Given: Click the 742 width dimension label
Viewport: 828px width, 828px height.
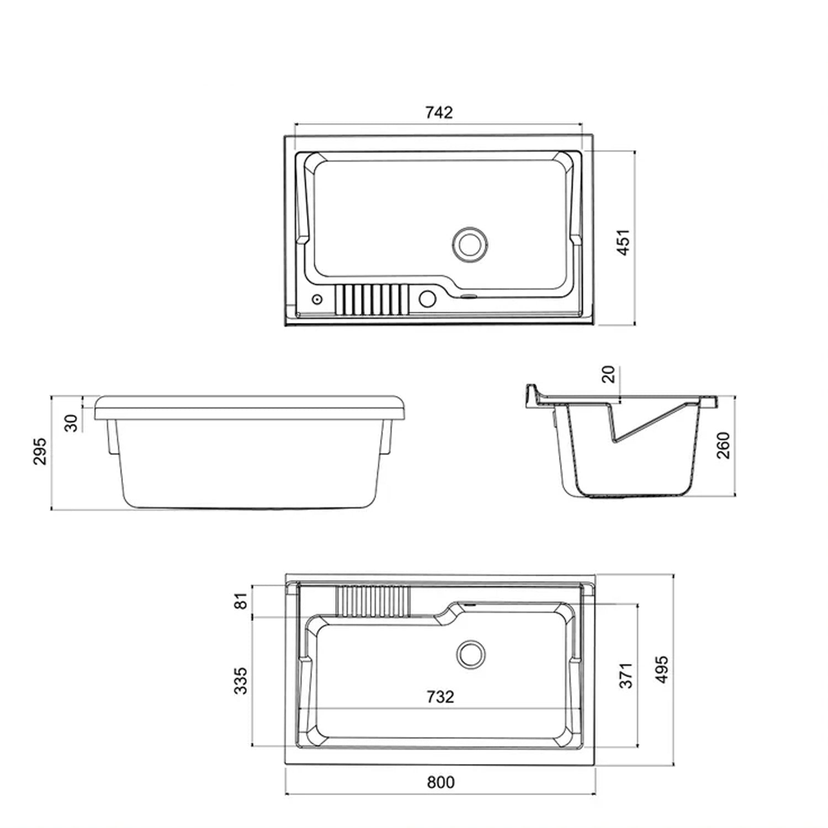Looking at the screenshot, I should [x=439, y=113].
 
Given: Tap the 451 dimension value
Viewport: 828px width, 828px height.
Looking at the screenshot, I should [x=623, y=242].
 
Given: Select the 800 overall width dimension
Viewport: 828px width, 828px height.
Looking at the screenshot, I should [x=440, y=782].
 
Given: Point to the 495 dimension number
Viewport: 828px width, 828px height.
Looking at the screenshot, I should [x=662, y=669].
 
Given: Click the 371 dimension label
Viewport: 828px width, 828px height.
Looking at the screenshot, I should [x=626, y=676].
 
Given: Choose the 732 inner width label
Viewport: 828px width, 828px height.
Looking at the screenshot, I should [x=440, y=697].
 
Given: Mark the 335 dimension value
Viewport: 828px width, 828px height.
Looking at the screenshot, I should [x=241, y=681].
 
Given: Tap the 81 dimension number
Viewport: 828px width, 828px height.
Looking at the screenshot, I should [x=242, y=601].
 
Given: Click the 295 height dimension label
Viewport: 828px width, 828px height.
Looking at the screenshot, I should [x=40, y=452].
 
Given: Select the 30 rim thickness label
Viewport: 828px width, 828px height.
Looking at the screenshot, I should [x=72, y=423].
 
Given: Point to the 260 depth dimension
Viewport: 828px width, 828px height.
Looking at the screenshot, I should [x=723, y=445].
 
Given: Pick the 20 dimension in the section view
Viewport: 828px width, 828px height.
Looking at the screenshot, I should [x=608, y=375].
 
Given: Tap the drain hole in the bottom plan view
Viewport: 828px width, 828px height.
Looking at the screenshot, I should [x=471, y=654].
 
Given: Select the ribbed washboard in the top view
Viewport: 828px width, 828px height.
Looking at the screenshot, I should [x=372, y=299].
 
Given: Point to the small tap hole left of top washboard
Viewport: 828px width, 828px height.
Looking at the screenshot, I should [x=317, y=299].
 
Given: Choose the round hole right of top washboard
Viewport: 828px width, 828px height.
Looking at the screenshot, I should [x=427, y=299].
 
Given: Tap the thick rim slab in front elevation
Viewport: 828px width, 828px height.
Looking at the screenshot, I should [x=251, y=407].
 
